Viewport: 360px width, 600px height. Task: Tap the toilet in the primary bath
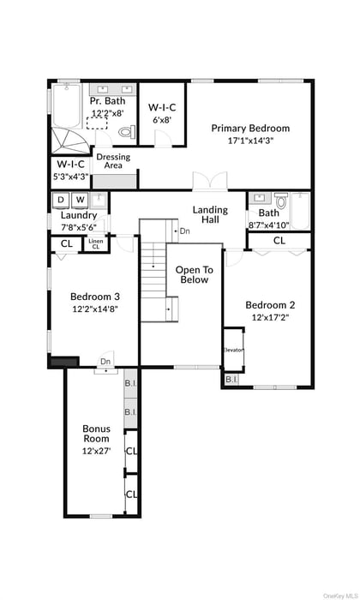click(126, 133)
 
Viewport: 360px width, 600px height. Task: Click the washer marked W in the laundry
click(80, 201)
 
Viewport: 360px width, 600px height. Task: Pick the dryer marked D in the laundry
click(61, 201)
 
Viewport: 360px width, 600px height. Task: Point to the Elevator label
click(234, 350)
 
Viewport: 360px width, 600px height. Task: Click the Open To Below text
click(194, 274)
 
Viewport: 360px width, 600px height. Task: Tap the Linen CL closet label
click(95, 244)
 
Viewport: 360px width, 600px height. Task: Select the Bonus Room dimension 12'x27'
click(96, 450)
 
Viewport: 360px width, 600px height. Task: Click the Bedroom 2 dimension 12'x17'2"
click(270, 317)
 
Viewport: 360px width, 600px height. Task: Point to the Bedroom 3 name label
click(95, 297)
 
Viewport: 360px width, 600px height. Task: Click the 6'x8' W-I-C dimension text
click(162, 120)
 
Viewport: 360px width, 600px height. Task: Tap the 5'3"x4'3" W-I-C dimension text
click(71, 177)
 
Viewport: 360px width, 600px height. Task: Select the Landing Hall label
click(210, 215)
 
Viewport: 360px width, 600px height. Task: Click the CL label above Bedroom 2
click(279, 241)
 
